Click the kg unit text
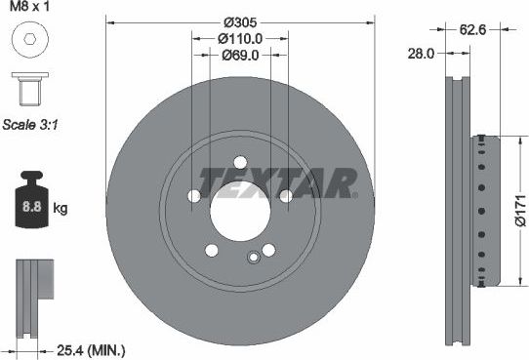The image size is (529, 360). [x=60, y=209]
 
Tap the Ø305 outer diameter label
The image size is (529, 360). [x=239, y=21]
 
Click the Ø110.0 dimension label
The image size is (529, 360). [x=239, y=38]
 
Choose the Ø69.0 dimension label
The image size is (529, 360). [x=239, y=55]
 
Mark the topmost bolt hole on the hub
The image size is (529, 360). [x=239, y=163]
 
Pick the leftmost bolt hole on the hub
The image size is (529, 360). [x=193, y=197]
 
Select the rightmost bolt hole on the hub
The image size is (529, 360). [x=286, y=197]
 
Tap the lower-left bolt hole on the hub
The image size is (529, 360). [x=211, y=251]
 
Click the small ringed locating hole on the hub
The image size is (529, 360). [x=254, y=258]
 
